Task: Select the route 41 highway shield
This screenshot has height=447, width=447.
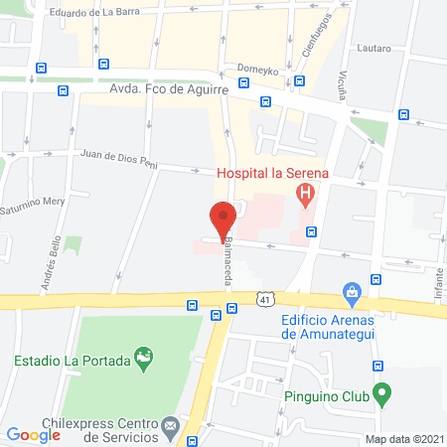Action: point(263,298)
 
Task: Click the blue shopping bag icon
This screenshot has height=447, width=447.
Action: point(350,292)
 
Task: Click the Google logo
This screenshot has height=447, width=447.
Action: point(33,434)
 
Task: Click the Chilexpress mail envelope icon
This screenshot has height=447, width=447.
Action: point(170,426)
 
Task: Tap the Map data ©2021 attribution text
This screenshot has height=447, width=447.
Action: point(403,438)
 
